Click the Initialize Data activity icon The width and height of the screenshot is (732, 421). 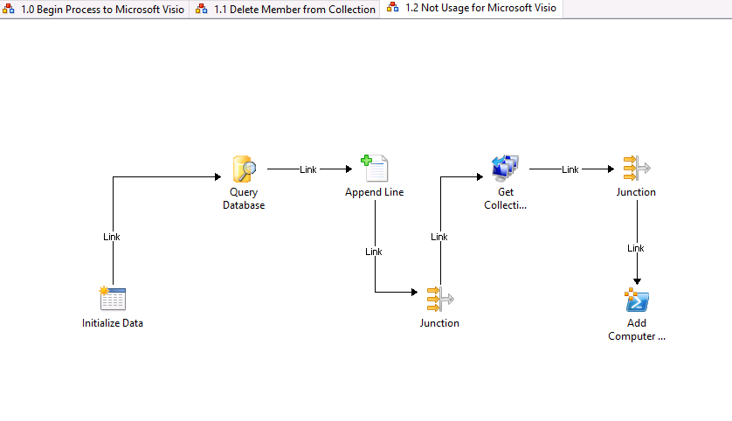(x=113, y=300)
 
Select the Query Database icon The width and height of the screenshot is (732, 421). (x=244, y=169)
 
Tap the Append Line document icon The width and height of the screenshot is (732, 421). (x=374, y=169)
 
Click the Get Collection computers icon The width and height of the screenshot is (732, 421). (x=505, y=169)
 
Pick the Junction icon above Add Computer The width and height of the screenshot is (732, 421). (x=636, y=169)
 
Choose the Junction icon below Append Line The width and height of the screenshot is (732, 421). (x=439, y=300)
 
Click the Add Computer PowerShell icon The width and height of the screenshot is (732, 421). (x=637, y=300)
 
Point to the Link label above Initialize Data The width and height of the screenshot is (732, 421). (x=112, y=237)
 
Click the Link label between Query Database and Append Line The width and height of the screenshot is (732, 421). (x=308, y=169)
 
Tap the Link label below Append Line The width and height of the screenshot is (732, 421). (x=374, y=252)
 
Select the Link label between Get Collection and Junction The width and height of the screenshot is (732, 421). (x=570, y=169)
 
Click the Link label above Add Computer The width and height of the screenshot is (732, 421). (x=636, y=249)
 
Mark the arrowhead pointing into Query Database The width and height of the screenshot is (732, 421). (x=218, y=177)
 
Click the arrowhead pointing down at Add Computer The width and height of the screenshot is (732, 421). (x=637, y=280)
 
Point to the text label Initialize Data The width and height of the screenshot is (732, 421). (x=113, y=323)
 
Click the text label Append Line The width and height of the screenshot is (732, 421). (x=374, y=192)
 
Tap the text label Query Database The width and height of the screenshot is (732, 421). (x=244, y=199)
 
